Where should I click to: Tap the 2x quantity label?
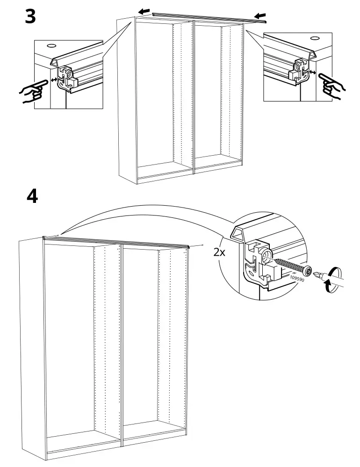(219, 252)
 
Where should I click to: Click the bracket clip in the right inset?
(298, 70)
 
